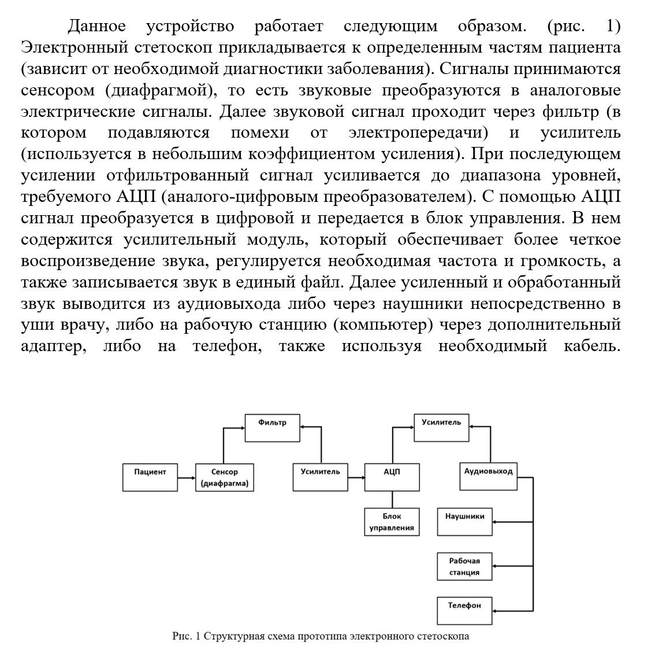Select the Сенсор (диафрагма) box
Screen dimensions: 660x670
pyautogui.click(x=224, y=478)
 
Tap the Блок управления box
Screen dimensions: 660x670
pyautogui.click(x=392, y=522)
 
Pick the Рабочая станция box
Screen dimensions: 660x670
pyautogui.click(x=464, y=567)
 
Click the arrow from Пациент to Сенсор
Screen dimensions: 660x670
pyautogui.click(x=185, y=478)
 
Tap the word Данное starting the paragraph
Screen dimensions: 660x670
pyautogui.click(x=97, y=26)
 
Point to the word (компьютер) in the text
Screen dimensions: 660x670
pyautogui.click(x=383, y=325)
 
